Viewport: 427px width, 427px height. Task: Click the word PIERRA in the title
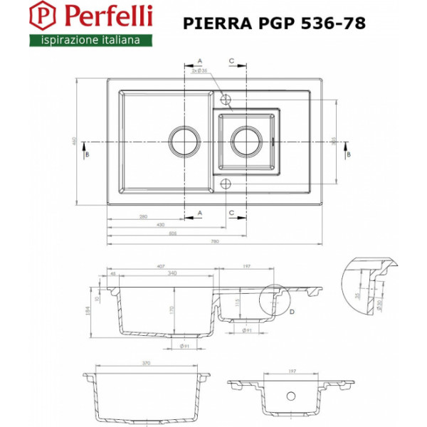point(215,23)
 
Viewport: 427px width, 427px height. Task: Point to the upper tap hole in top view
point(226,97)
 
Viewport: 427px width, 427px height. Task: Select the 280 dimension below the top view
point(143,216)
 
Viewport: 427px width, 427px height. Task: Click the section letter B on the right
point(347,154)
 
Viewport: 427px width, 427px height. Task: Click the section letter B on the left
point(87,154)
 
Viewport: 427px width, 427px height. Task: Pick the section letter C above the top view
point(232,60)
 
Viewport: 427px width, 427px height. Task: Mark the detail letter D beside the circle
point(292,311)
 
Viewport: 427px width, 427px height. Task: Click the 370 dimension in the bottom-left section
point(146,363)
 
